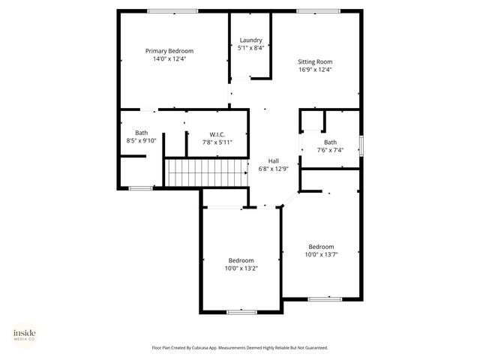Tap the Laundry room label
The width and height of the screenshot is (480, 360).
click(250, 40)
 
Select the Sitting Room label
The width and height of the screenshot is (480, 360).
click(315, 61)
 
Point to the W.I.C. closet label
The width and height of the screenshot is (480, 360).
click(217, 133)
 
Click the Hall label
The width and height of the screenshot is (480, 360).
click(274, 160)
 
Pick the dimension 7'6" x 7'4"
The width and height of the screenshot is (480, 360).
click(330, 150)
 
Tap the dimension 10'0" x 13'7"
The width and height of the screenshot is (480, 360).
click(321, 254)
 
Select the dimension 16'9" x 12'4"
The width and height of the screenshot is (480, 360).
click(315, 70)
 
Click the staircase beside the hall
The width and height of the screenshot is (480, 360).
click(206, 172)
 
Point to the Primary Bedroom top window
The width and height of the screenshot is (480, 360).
click(172, 10)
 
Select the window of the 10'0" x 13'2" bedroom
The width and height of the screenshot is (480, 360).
click(241, 311)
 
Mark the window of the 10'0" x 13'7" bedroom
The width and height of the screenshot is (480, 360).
click(325, 298)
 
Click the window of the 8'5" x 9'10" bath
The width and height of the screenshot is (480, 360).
click(140, 188)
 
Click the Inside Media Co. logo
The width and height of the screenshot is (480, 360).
click(25, 334)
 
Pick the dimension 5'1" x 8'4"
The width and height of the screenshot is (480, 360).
click(250, 48)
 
